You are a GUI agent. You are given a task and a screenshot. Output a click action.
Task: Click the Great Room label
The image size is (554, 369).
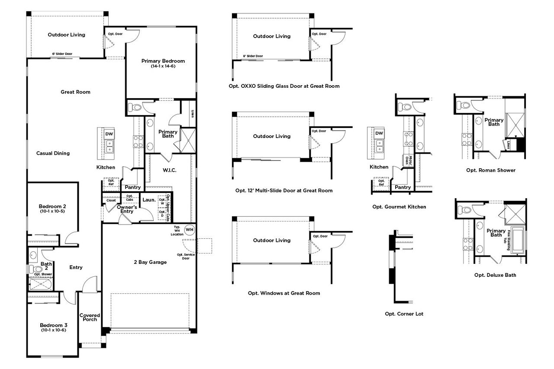pyautogui.click(x=75, y=92)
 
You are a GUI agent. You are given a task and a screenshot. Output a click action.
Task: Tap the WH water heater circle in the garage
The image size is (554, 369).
pyautogui.click(x=189, y=229)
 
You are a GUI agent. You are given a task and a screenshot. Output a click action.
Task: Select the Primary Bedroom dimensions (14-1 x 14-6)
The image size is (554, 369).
pyautogui.click(x=163, y=66)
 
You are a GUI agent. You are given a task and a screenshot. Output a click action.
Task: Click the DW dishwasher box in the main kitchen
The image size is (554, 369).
pyautogui.click(x=109, y=134)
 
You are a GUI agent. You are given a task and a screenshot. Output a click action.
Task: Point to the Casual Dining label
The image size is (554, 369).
pyautogui.click(x=53, y=153)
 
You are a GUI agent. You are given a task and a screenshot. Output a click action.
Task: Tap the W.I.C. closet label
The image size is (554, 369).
pyautogui.click(x=169, y=170)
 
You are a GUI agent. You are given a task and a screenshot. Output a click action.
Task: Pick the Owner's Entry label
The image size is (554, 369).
pyautogui.click(x=127, y=209)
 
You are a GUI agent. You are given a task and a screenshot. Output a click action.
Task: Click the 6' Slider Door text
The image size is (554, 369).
pyautogui.click(x=62, y=54)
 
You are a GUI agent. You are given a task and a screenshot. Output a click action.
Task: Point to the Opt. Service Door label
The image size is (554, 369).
pyautogui.click(x=186, y=257)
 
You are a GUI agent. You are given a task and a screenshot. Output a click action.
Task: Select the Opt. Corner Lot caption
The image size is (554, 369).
pyautogui.click(x=404, y=314)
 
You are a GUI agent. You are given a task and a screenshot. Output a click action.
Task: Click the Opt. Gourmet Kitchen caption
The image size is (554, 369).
pyautogui.click(x=399, y=207)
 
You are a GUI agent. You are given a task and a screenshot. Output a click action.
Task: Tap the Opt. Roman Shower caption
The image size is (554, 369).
pyautogui.click(x=491, y=170)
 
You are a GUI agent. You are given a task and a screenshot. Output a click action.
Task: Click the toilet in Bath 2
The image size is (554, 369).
pyautogui.click(x=34, y=269)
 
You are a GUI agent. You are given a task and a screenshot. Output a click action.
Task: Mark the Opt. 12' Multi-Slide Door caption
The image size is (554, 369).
pyautogui.click(x=284, y=190)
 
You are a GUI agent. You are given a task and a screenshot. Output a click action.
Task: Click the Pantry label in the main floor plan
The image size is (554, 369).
pyautogui.click(x=133, y=187)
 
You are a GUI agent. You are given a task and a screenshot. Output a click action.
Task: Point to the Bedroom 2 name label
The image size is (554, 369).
pyautogui.click(x=52, y=206)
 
